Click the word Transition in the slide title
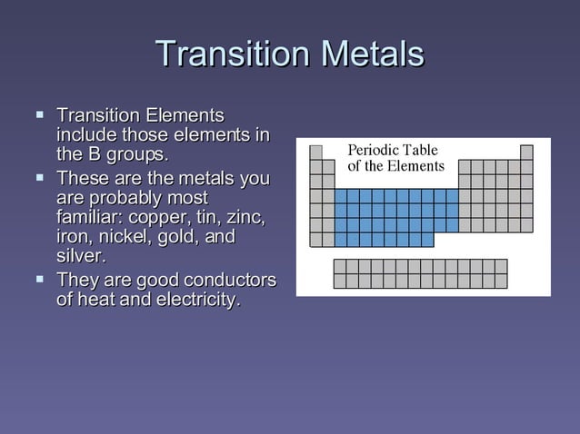point(228,54)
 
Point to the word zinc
point(243,218)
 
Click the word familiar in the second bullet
point(89,218)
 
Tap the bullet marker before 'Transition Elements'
point(39,116)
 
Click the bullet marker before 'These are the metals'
point(39,177)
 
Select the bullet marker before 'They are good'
point(39,279)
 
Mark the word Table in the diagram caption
point(421,150)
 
